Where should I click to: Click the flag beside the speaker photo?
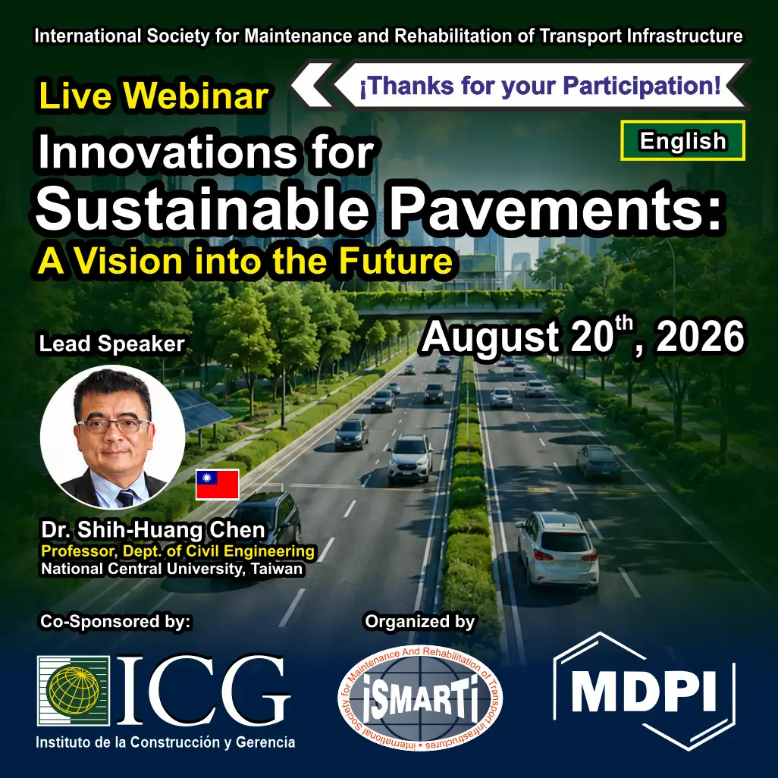(x=218, y=484)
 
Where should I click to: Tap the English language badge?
(x=682, y=140)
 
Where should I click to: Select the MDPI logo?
(x=644, y=691)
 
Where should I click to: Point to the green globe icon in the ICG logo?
(x=74, y=690)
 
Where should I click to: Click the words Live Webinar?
(x=154, y=96)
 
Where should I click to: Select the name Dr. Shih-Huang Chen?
(x=153, y=530)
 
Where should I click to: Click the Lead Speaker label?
(x=112, y=344)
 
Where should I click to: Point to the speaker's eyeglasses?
(x=113, y=425)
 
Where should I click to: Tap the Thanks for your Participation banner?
(x=540, y=86)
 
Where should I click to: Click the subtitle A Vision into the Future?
(x=246, y=261)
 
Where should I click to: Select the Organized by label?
(x=420, y=621)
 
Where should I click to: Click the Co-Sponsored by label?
(x=115, y=621)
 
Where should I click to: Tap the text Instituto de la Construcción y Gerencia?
(x=165, y=742)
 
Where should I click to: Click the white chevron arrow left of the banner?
(x=312, y=85)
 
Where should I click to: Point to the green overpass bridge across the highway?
(x=451, y=303)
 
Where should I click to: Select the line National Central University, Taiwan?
(x=171, y=569)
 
